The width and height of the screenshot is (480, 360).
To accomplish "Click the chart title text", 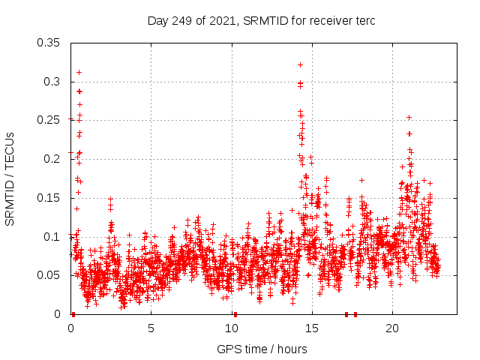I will coord(261,20).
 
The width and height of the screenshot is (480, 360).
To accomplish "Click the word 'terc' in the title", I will coord(364,20).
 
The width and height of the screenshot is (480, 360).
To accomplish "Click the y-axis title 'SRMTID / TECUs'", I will coord(10,178).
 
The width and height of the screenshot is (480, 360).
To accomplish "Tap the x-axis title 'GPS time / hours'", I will coord(261,349).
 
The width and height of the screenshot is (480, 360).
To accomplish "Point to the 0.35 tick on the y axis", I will coord(49,42).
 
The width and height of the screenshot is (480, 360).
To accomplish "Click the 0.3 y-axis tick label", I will coord(52,81).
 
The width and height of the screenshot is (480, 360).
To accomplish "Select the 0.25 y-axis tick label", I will coord(49,120).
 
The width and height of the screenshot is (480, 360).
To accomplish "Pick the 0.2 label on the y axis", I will coord(52,159).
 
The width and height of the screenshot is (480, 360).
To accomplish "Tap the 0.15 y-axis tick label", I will coord(49,198).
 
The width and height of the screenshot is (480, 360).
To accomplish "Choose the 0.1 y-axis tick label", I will coord(52,236).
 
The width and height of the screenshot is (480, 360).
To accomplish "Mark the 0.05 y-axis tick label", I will coord(49,275).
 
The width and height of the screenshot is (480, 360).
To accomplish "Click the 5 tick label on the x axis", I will coord(151,328).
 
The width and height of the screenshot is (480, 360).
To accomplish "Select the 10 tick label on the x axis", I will coord(231,328).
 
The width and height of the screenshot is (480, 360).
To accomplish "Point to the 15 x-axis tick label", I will coord(312,328).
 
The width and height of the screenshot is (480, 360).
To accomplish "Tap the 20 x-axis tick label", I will coord(392,328).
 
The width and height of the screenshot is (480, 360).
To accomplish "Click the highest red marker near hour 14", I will coord(300,64).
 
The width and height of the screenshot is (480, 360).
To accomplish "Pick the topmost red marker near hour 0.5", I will coord(79,72).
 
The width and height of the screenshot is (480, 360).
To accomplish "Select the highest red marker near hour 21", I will coord(409,117).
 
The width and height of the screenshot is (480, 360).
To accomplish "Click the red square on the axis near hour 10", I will coord(235,313).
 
